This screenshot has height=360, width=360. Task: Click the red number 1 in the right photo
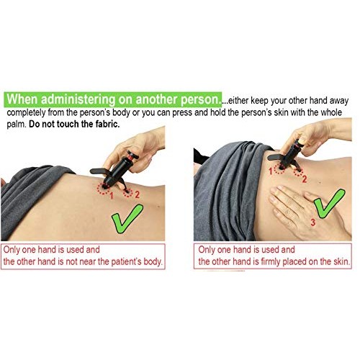(x=271, y=170)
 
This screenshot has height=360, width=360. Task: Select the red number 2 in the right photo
(x=304, y=179)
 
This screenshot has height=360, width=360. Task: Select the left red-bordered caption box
(x=84, y=256)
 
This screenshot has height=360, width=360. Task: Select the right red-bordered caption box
(x=274, y=256)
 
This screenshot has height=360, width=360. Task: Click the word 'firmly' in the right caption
(x=274, y=262)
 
